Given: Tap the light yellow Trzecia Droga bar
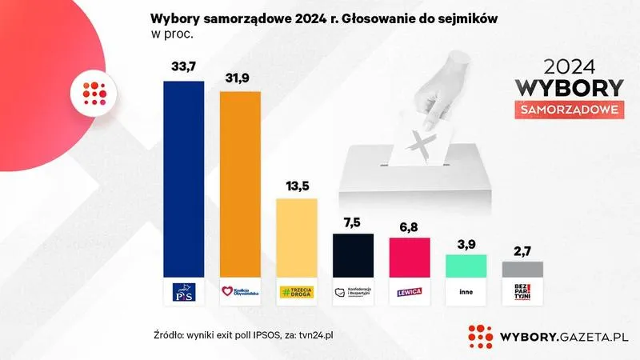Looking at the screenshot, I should pos(297,237).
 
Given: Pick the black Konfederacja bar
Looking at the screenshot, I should pos(354,255).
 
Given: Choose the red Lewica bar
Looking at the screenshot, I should pos(410,257).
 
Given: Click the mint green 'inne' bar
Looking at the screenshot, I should pos(466,266).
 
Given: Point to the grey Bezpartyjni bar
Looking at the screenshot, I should pos(522,269).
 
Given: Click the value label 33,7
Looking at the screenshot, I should pos(184,66).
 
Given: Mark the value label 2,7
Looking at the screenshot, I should pos(522,251).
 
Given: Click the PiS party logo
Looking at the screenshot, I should pos(184,291).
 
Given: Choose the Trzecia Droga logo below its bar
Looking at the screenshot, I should pos(297,291).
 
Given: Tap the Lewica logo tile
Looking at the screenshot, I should pos(410,291).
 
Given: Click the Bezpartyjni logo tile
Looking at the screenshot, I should pos(522,291).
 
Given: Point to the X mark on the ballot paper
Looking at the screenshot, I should pos(421,144).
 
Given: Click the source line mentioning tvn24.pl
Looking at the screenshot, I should pos(242,334).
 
